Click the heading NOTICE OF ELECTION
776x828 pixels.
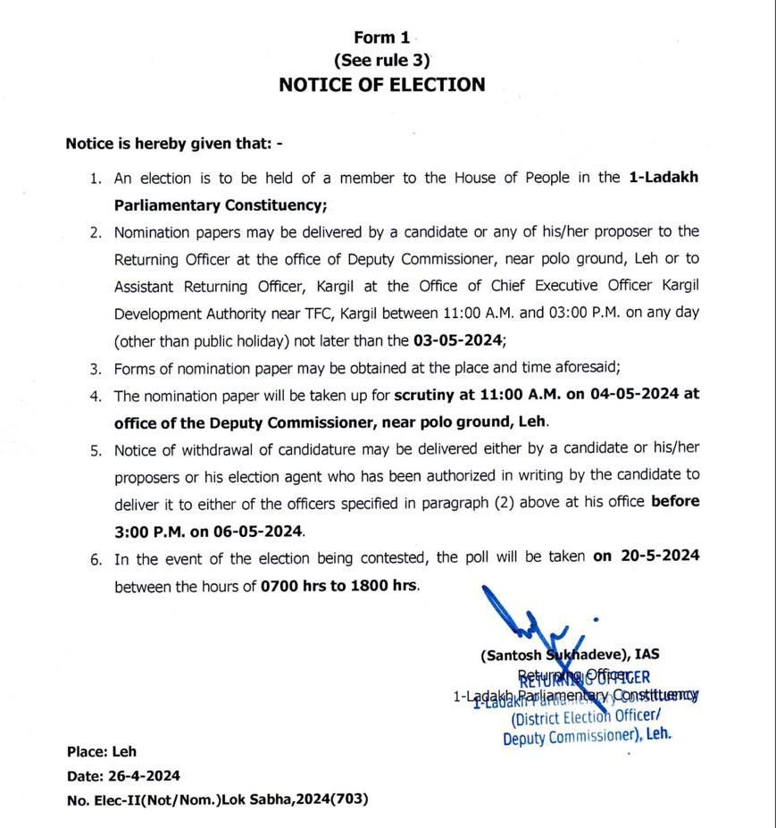pos(382,85)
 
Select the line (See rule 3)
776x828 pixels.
pos(381,61)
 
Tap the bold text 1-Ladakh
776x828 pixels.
pos(663,178)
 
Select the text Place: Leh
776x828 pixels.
pos(101,752)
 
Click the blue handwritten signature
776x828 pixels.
pos(518,616)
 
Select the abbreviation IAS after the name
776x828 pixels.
pos(647,655)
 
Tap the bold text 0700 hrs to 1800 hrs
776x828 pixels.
pos(339,587)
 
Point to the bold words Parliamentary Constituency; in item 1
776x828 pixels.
pos(221,205)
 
